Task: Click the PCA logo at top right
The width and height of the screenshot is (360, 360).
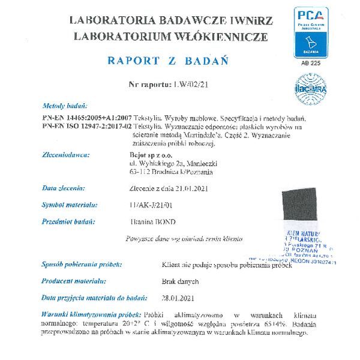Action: tap(310, 31)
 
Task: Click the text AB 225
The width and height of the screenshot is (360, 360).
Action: tap(310, 62)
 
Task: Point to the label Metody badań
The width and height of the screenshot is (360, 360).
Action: tap(63, 105)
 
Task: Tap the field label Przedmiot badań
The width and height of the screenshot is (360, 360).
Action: tap(69, 221)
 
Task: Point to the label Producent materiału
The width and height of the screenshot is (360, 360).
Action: tap(74, 281)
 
